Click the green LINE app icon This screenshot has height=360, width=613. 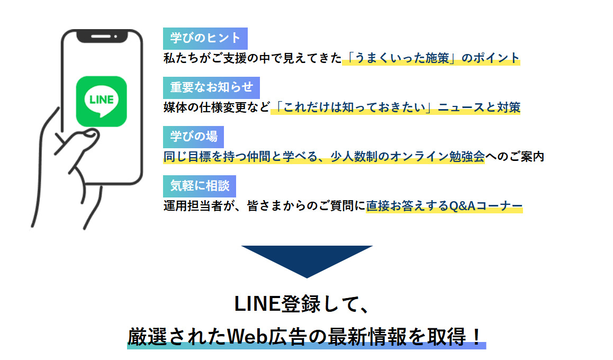102,101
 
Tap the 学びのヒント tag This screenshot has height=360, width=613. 205,38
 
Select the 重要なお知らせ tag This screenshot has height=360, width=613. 211,87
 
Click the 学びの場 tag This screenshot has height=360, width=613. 193,137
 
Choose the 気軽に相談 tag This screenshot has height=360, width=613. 200,186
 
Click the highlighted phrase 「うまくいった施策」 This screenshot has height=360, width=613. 401,58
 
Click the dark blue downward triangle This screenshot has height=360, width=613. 307,259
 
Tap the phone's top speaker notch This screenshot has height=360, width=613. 102,37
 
